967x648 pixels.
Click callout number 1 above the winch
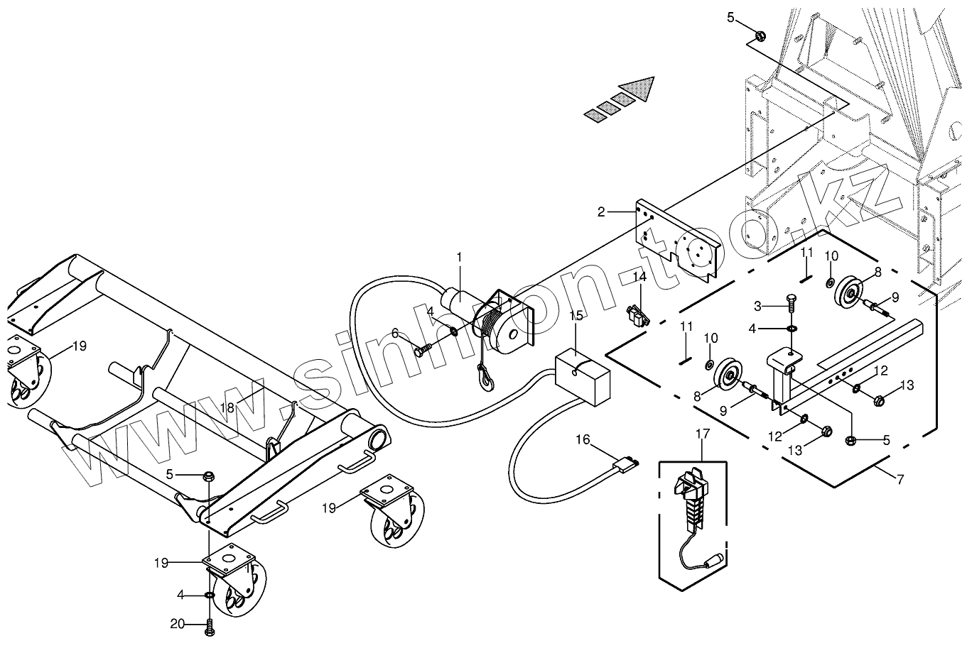pyautogui.click(x=459, y=257)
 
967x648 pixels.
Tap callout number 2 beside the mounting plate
pyautogui.click(x=601, y=212)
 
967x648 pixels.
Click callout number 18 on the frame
pyautogui.click(x=227, y=407)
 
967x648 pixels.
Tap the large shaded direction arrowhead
pyautogui.click(x=635, y=90)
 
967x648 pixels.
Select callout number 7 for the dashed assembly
pyautogui.click(x=900, y=479)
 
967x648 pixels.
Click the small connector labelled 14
pyautogui.click(x=637, y=316)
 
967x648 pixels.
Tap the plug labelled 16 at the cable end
pyautogui.click(x=625, y=466)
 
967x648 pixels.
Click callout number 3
pyautogui.click(x=757, y=306)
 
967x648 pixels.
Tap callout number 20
pyautogui.click(x=178, y=624)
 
